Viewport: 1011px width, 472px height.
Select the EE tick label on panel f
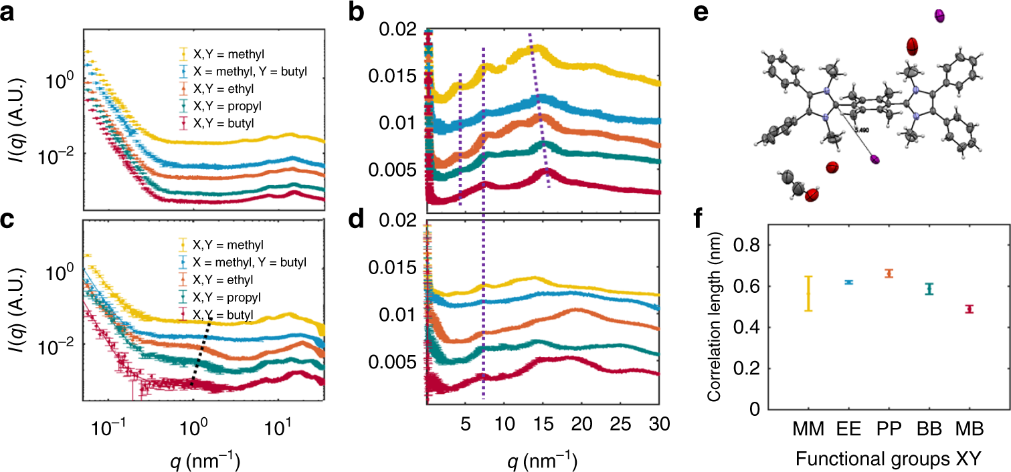(848, 427)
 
